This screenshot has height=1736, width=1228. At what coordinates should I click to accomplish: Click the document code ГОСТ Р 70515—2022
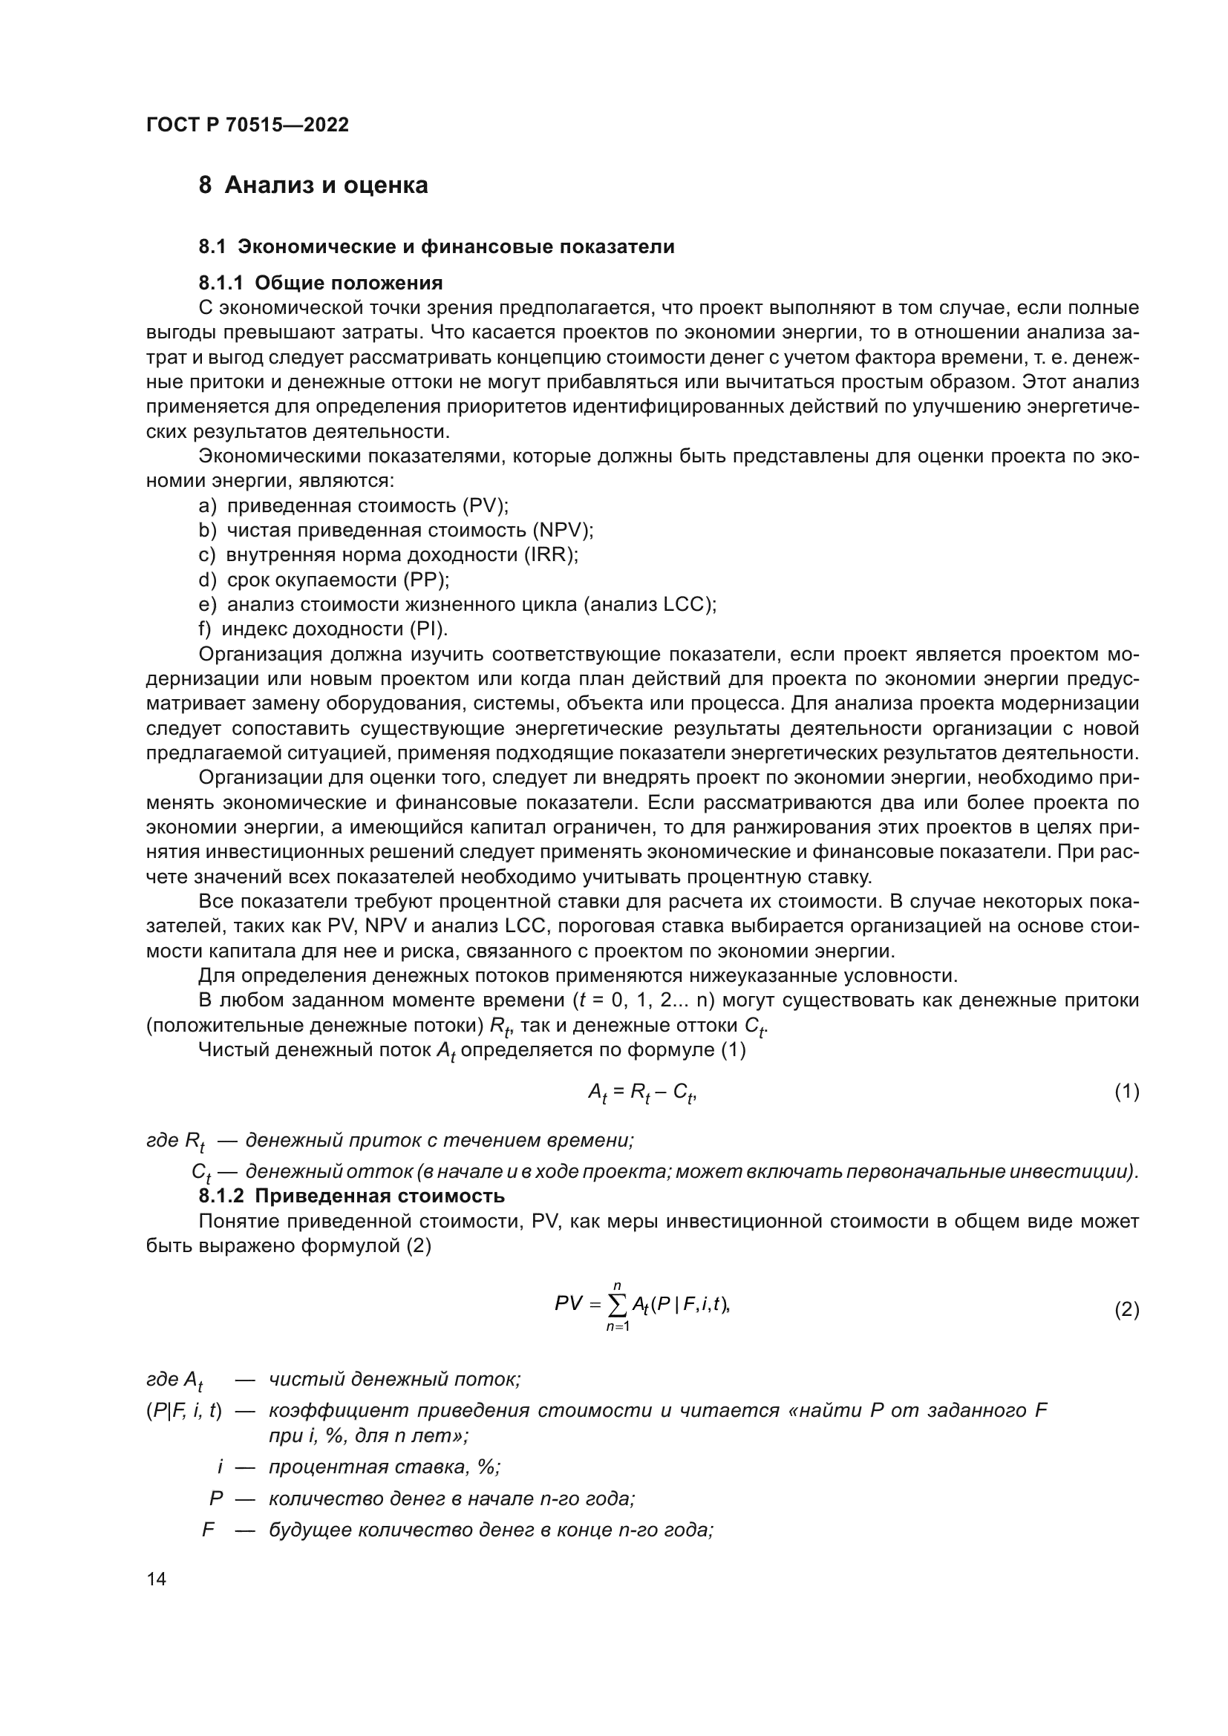[x=247, y=125]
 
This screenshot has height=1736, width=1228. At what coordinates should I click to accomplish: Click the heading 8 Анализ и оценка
[x=313, y=186]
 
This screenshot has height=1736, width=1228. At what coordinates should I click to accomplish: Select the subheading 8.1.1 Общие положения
[x=321, y=283]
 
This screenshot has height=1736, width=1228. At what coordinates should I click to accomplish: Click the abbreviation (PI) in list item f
[x=428, y=629]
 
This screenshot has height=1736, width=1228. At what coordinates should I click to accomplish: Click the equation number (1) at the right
[x=1127, y=1092]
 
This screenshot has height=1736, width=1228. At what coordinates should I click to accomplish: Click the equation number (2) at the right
[x=1127, y=1310]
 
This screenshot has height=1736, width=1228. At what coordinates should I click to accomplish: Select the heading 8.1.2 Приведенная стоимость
[x=352, y=1196]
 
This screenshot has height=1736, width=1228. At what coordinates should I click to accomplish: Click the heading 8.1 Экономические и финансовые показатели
[x=437, y=247]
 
